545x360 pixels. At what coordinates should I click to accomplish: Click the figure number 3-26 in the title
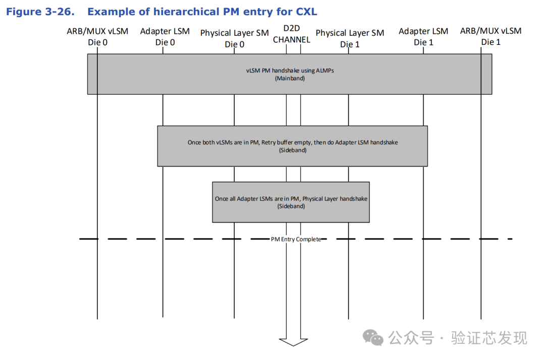pos(60,12)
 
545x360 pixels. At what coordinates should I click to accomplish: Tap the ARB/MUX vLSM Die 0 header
pos(98,37)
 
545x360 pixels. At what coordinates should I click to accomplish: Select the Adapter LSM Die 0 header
pos(165,37)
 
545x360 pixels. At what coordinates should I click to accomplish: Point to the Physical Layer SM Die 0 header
pos(235,38)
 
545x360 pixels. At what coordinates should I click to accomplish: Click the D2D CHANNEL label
pos(292,34)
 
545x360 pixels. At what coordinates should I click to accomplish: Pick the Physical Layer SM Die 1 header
pos(350,38)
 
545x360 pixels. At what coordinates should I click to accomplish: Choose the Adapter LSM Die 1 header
pos(423,37)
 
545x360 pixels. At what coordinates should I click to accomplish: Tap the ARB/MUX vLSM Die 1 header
pos(491,36)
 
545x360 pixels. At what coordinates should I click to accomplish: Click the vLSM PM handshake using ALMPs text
pos(290,71)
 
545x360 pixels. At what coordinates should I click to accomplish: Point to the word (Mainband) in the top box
pos(290,79)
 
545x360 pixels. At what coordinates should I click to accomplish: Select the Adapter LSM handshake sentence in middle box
pos(293,142)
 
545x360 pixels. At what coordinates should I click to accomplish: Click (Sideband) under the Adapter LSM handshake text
pos(293,150)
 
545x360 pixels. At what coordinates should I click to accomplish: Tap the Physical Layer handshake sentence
pos(291,199)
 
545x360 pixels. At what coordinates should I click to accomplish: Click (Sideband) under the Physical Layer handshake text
pos(291,206)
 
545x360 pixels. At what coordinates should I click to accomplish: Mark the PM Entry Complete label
pos(296,239)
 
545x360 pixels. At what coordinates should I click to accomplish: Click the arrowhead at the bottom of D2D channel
pos(293,342)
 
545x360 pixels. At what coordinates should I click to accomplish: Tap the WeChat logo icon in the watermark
pos(373,338)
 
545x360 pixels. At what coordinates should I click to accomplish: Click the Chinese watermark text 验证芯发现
pos(489,338)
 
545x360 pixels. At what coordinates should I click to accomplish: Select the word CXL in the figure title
pos(306,12)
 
